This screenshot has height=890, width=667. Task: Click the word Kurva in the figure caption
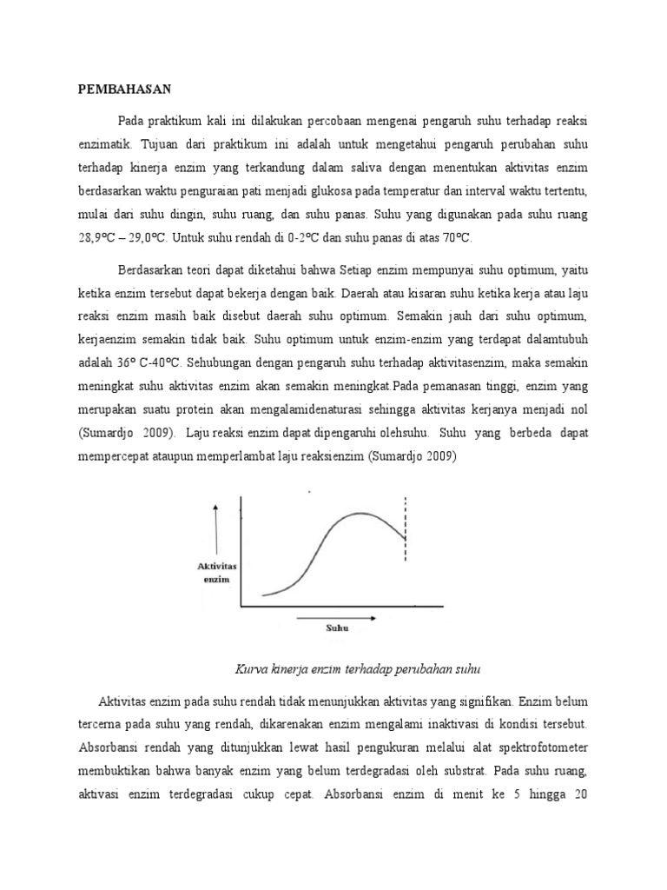pos(253,669)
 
